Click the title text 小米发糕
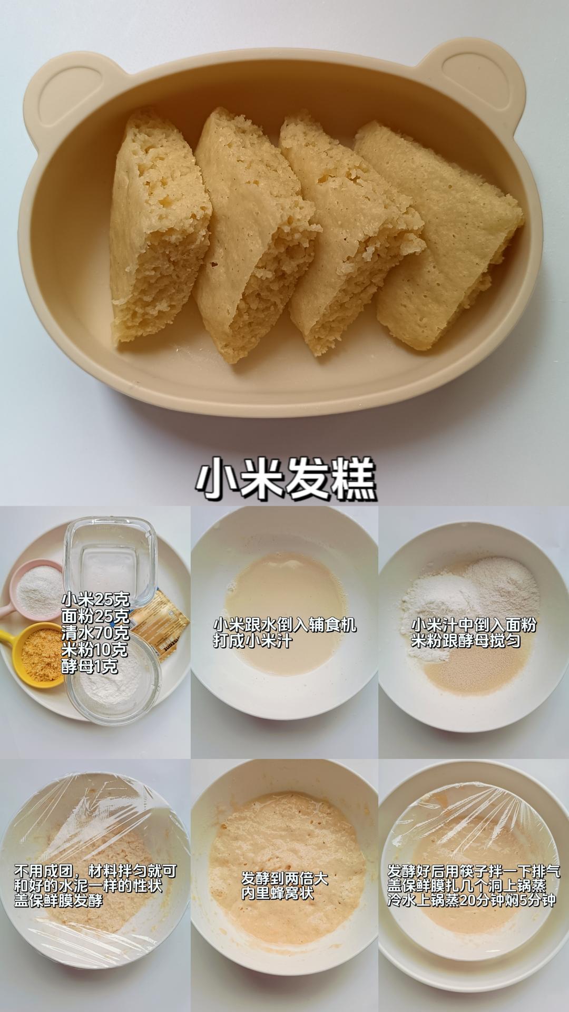coord(286,478)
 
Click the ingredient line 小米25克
coord(95,599)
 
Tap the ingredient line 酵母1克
coord(89,667)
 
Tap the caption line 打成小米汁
coord(252,641)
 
